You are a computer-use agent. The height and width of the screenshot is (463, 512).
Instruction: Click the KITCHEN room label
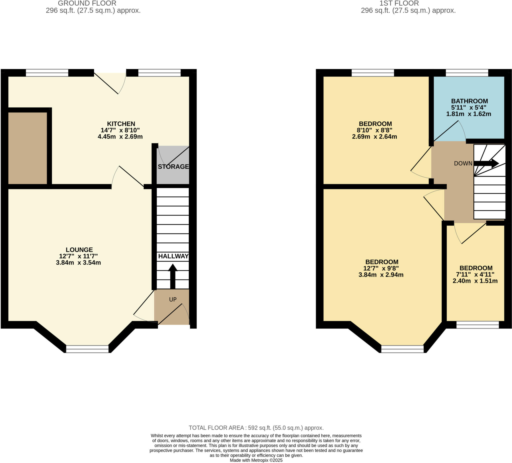pyautogui.click(x=121, y=124)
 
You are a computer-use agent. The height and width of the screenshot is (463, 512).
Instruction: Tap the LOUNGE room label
pyautogui.click(x=79, y=250)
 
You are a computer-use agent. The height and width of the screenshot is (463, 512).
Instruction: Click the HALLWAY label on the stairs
pyautogui.click(x=173, y=256)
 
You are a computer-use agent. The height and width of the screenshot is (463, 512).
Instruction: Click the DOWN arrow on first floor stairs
pyautogui.click(x=486, y=163)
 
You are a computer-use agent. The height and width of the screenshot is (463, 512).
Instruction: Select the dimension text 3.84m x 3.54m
pyautogui.click(x=78, y=262)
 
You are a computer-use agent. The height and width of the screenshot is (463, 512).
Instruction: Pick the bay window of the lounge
pyautogui.click(x=87, y=349)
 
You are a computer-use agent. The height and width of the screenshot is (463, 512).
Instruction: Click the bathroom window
pyautogui.click(x=467, y=73)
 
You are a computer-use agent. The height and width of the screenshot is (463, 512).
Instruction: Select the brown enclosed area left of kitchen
pyautogui.click(x=27, y=148)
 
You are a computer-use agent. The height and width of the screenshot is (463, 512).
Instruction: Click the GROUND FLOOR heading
pyautogui.click(x=87, y=3)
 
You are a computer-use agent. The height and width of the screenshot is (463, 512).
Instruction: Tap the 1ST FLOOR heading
pyautogui.click(x=399, y=3)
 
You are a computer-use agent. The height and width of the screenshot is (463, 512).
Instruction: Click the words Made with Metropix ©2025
pyautogui.click(x=256, y=460)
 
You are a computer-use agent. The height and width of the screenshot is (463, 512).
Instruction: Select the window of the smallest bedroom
pyautogui.click(x=477, y=324)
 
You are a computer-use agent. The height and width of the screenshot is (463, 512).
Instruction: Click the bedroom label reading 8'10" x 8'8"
pyautogui.click(x=375, y=130)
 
